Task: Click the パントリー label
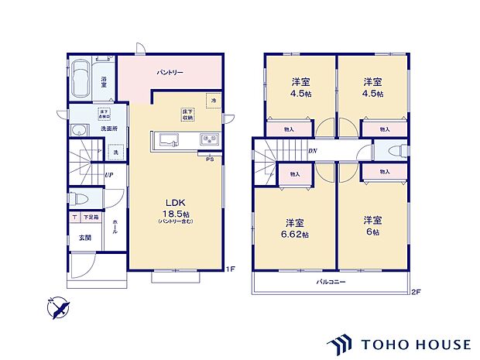tap(170, 72)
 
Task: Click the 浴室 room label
tap(105, 80)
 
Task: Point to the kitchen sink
tap(168, 140)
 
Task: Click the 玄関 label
tap(84, 238)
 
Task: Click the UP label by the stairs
tap(111, 174)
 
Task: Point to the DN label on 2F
tap(312, 151)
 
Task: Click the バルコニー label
tap(331, 282)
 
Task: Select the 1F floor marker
tap(230, 269)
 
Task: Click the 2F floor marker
tap(416, 291)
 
